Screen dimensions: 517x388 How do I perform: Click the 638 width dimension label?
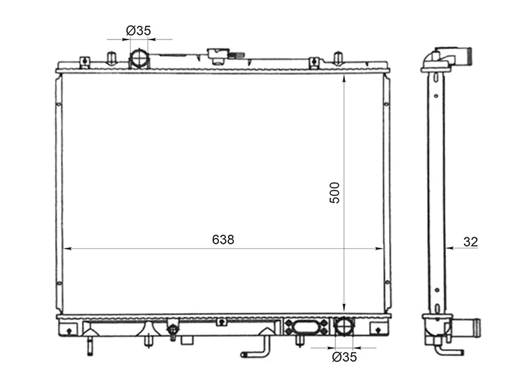223,239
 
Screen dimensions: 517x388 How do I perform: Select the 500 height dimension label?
334,193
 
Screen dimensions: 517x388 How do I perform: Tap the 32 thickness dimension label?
470,242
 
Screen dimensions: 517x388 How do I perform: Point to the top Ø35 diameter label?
138,30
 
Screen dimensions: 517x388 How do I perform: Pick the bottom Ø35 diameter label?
344,357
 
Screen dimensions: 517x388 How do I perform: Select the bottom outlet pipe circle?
344,326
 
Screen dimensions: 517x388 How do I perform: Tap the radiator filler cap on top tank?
218,56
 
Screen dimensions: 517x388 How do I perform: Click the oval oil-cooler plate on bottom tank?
306,327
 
